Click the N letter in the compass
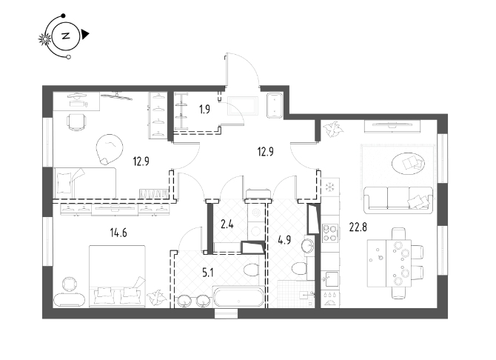(x=66, y=36)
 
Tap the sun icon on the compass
(x=45, y=39)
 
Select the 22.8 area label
(x=358, y=227)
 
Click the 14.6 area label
(x=118, y=233)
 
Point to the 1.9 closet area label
(x=204, y=110)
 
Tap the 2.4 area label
(x=227, y=224)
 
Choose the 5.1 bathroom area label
(x=207, y=272)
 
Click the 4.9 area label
(x=284, y=240)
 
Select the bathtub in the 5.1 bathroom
(x=239, y=297)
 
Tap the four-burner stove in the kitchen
(x=330, y=233)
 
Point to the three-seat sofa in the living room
(x=398, y=199)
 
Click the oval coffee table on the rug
(x=408, y=164)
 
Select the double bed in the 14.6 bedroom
(x=118, y=276)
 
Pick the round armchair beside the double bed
(x=69, y=284)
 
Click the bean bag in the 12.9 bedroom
(x=109, y=149)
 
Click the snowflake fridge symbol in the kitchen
(x=330, y=187)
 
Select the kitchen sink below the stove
(x=330, y=279)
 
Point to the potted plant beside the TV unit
(x=333, y=129)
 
